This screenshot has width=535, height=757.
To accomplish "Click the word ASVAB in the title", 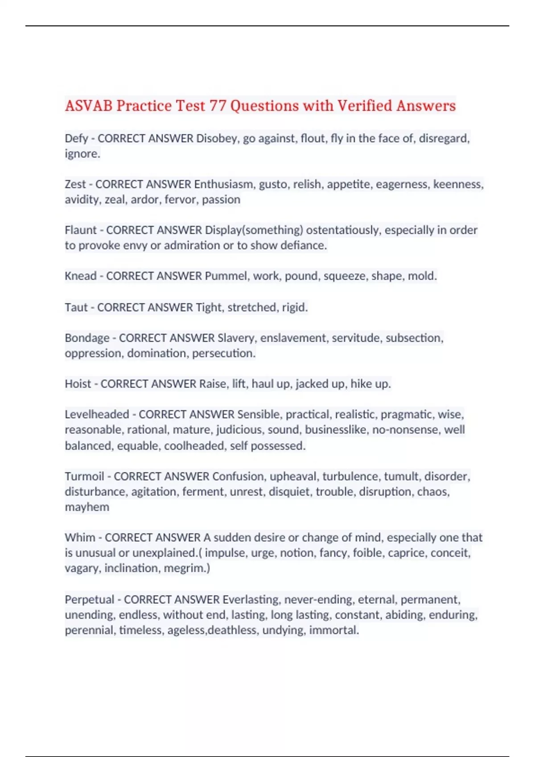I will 88,106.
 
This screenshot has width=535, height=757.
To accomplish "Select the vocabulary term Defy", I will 76,138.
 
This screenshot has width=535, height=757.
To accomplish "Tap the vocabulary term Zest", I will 75,184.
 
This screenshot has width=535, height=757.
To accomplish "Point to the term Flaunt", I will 81,230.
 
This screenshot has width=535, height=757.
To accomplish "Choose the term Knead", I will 81,276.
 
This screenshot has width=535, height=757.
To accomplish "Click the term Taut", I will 76,307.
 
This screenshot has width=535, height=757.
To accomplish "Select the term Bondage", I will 87,338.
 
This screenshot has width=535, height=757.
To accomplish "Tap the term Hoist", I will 78,384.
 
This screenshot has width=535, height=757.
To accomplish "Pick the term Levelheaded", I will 97,415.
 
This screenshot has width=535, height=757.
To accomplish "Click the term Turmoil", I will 84,476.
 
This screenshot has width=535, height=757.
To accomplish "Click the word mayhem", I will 87,507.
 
